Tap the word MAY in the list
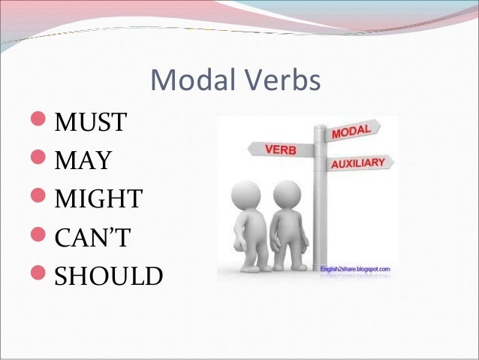point(83,159)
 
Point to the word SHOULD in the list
point(108,277)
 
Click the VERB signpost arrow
point(279,150)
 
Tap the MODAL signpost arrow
point(351,132)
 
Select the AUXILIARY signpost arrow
point(356,163)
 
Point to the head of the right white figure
point(286,194)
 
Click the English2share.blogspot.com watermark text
point(356,268)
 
